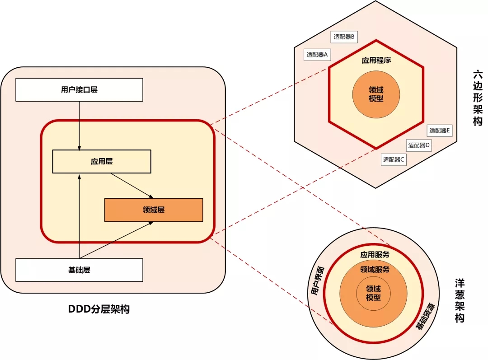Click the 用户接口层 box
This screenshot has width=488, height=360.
pyautogui.click(x=79, y=89)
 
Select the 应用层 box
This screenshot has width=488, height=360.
pyautogui.click(x=101, y=161)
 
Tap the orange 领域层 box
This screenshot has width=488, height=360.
pyautogui.click(x=153, y=210)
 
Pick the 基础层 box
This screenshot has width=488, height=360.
pyautogui.click(x=79, y=270)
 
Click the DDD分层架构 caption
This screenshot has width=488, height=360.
pyautogui.click(x=99, y=309)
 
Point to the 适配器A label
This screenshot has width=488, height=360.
pyautogui.click(x=317, y=55)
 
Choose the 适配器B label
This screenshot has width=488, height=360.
pyautogui.click(x=344, y=37)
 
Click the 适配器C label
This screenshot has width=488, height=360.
pyautogui.click(x=394, y=159)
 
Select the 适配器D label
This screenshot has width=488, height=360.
pyautogui.click(x=419, y=145)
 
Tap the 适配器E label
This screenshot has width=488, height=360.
pyautogui.click(x=440, y=131)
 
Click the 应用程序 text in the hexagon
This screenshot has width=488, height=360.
pyautogui.click(x=376, y=60)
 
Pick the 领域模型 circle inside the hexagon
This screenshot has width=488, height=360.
pyautogui.click(x=376, y=94)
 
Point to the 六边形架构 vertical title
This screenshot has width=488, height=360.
pyautogui.click(x=478, y=98)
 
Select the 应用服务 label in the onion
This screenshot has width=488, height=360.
pyautogui.click(x=375, y=254)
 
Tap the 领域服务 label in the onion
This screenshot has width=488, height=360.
pyautogui.click(x=375, y=269)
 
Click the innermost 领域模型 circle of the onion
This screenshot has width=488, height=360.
pyautogui.click(x=374, y=293)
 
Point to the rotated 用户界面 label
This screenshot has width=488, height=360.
pyautogui.click(x=317, y=281)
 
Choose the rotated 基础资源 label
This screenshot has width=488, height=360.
pyautogui.click(x=425, y=316)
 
